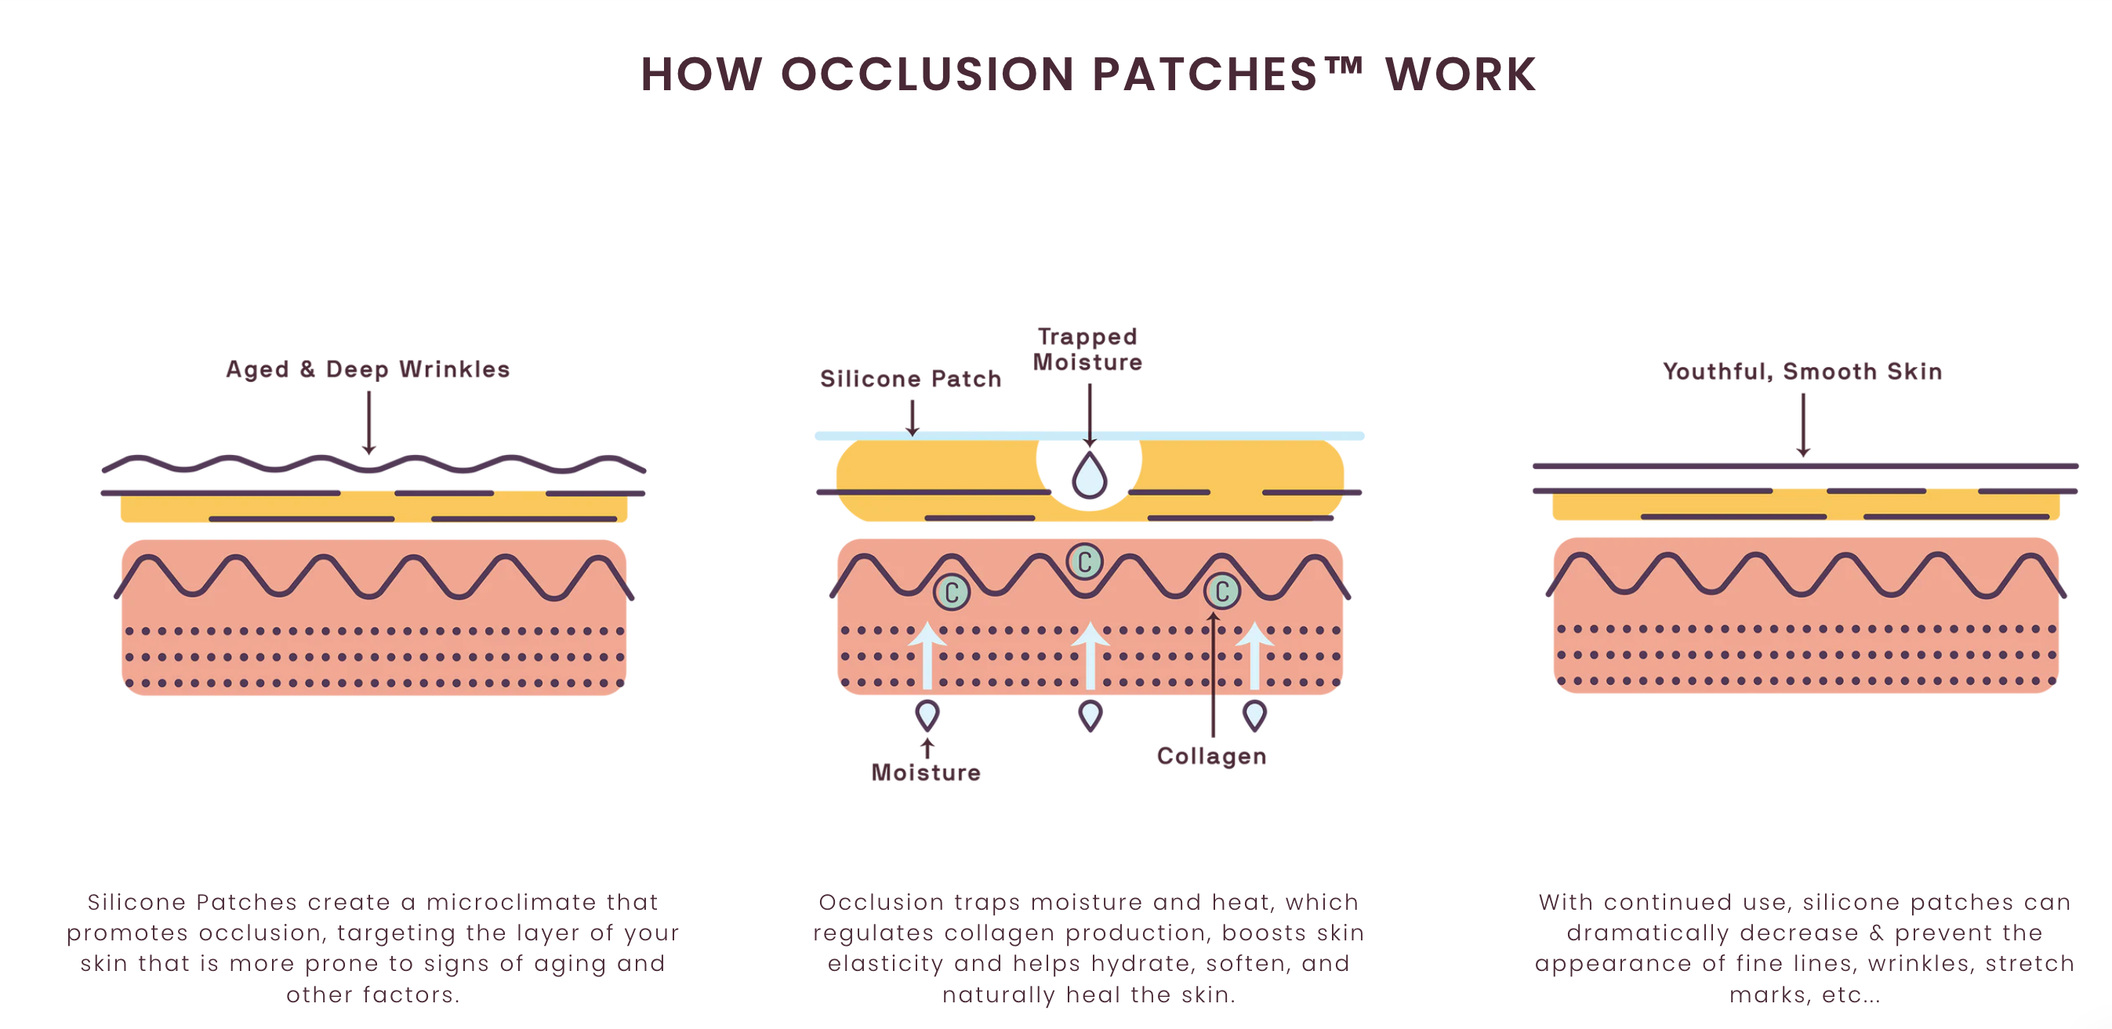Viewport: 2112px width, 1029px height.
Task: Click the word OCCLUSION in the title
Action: [x=927, y=75]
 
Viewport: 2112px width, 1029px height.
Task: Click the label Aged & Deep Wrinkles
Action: [x=368, y=369]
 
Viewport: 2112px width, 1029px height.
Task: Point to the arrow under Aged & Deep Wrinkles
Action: [x=369, y=421]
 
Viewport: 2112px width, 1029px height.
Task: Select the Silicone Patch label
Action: [x=910, y=379]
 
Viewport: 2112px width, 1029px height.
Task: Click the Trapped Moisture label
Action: [x=1087, y=349]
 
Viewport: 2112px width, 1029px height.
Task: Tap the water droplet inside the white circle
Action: [x=1090, y=475]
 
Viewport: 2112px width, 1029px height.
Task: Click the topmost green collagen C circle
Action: [x=1085, y=562]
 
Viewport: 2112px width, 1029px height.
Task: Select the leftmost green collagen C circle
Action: [x=952, y=592]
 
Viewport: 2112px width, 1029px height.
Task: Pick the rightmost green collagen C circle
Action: [x=1221, y=591]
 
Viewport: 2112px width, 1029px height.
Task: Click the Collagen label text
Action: [x=1211, y=756]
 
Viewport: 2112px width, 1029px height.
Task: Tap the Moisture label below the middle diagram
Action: [x=926, y=773]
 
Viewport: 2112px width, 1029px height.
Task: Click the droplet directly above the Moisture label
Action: [x=927, y=715]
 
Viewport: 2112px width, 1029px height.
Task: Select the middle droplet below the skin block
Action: [x=1090, y=715]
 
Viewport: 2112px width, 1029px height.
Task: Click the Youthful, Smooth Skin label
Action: [x=1802, y=372]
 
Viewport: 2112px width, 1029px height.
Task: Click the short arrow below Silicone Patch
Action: [x=912, y=417]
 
